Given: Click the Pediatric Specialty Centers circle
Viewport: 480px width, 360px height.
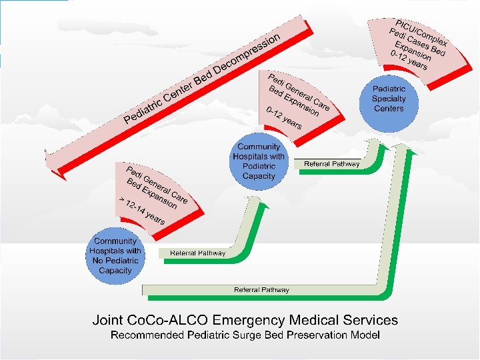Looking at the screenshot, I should pyautogui.click(x=389, y=99).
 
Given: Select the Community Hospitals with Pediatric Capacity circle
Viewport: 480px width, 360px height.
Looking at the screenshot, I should pyautogui.click(x=259, y=161).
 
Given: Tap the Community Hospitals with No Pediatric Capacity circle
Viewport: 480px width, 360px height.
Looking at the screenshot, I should pyautogui.click(x=115, y=255).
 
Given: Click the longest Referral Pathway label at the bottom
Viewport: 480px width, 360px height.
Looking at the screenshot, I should pyautogui.click(x=261, y=290).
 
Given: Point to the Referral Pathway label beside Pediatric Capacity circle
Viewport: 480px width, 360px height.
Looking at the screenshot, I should pyautogui.click(x=331, y=164).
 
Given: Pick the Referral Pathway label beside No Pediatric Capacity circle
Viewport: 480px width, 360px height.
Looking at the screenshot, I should pyautogui.click(x=197, y=253).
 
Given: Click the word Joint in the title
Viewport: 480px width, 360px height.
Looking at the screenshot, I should pyautogui.click(x=109, y=320).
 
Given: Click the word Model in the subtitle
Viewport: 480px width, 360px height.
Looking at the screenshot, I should pyautogui.click(x=366, y=335).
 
